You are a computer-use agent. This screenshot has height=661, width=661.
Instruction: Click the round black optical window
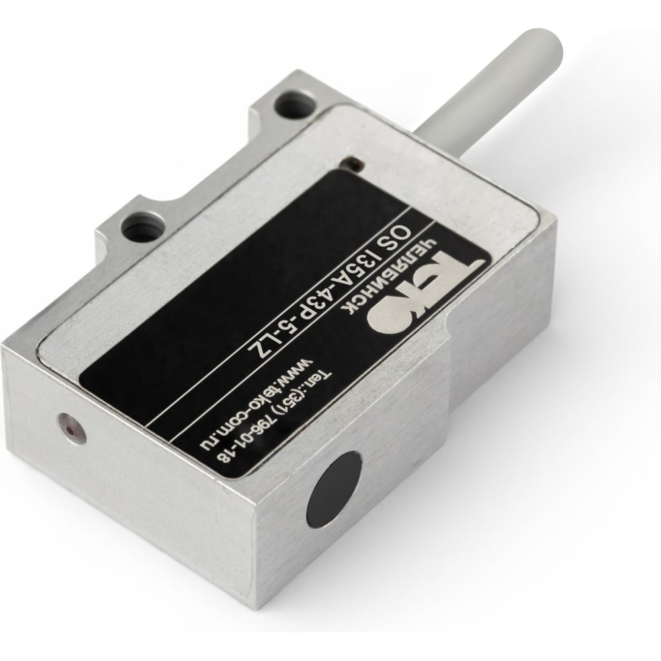coord(334,490)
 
